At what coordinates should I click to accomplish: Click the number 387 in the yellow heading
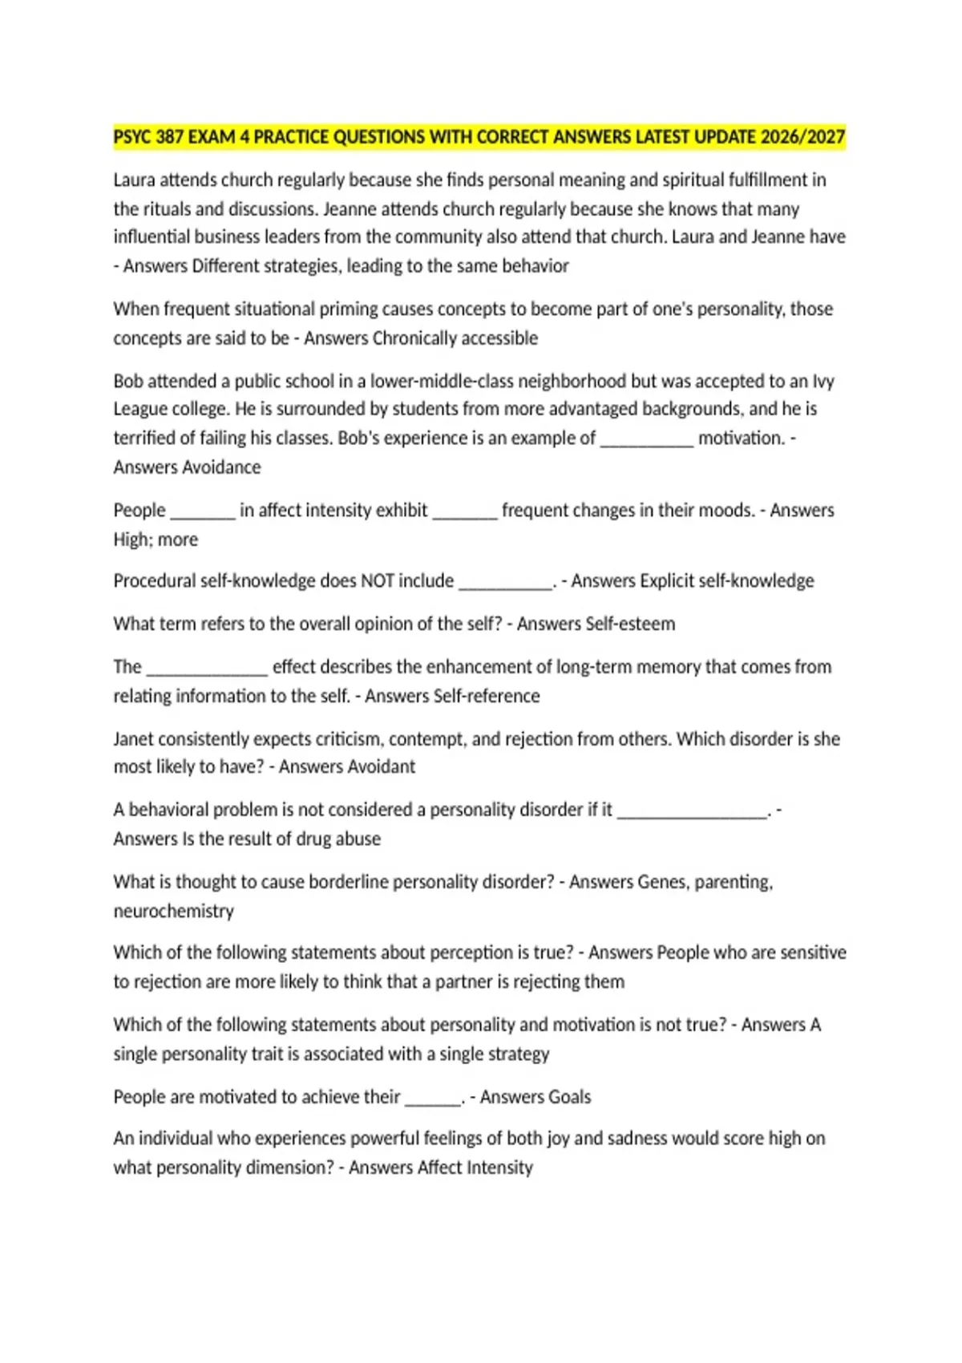pos(170,137)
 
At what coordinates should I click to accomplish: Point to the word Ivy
pos(823,382)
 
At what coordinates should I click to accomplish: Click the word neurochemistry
pos(173,912)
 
